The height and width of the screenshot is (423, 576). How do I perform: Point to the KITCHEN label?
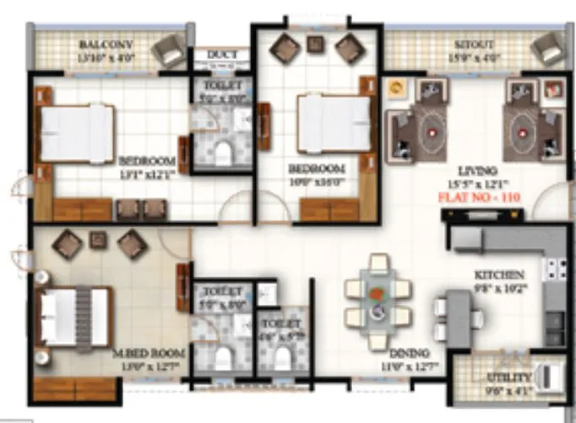pyautogui.click(x=498, y=275)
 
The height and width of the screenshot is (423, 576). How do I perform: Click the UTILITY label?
pyautogui.click(x=508, y=377)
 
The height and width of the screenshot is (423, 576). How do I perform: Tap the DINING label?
pyautogui.click(x=409, y=352)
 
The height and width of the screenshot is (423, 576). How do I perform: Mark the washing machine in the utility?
pyautogui.click(x=547, y=375)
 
